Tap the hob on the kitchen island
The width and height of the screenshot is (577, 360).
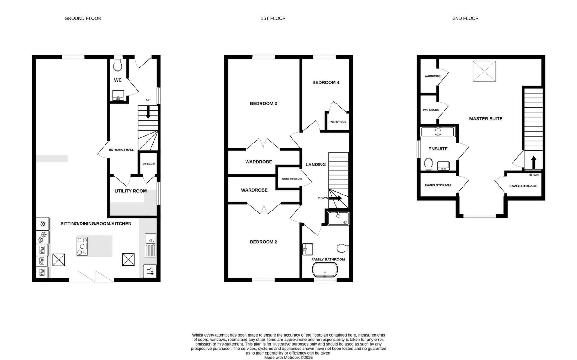82,246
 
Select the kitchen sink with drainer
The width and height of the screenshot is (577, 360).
151,245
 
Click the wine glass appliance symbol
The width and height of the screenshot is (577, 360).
150,271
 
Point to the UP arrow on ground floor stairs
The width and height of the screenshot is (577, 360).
148,113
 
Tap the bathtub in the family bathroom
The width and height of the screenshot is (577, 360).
325,270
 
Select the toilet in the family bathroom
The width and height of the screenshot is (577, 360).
343,248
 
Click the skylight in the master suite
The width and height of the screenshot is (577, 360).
484,71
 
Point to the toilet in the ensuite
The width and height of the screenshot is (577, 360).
428,164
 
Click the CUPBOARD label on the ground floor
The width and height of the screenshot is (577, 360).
149,164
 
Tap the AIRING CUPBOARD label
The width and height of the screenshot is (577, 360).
292,179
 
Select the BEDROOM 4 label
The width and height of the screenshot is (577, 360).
326,82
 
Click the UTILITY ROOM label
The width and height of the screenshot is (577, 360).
131,191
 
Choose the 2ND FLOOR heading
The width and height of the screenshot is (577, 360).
466,18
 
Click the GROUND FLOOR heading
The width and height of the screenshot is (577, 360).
83,18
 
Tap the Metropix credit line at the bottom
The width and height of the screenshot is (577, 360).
288,358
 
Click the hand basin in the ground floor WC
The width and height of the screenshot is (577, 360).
118,96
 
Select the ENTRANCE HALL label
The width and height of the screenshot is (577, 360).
121,150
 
